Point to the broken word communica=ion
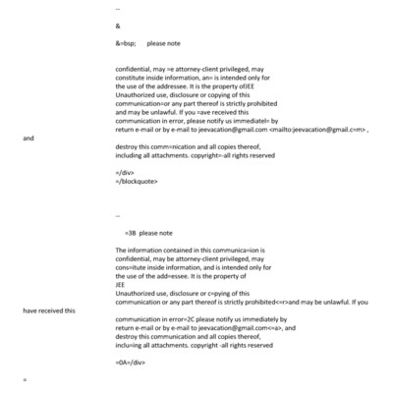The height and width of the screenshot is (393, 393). pos(223,252)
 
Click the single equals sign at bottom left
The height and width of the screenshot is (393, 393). pos(25,379)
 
